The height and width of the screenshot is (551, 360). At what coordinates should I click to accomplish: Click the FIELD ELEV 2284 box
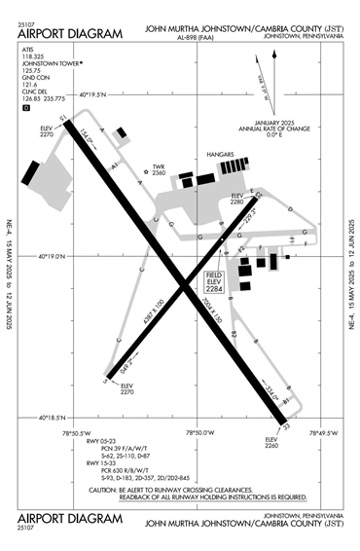(x=215, y=281)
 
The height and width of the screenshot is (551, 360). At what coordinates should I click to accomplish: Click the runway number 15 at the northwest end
(x=61, y=119)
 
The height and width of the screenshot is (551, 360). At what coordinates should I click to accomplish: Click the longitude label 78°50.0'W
(x=199, y=432)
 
